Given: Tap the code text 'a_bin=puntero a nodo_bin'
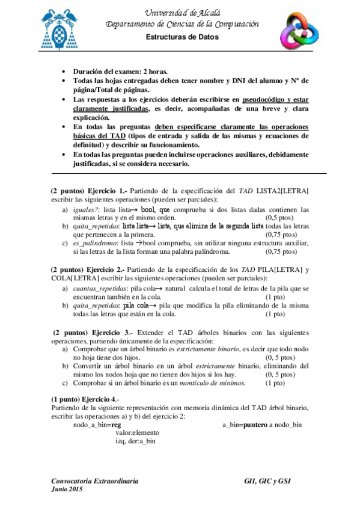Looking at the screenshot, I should (262, 425).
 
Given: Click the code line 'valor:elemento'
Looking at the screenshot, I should (138, 433).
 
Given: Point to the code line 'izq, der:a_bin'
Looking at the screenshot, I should (136, 441).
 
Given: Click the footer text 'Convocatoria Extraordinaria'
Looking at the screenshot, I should (97, 482).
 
